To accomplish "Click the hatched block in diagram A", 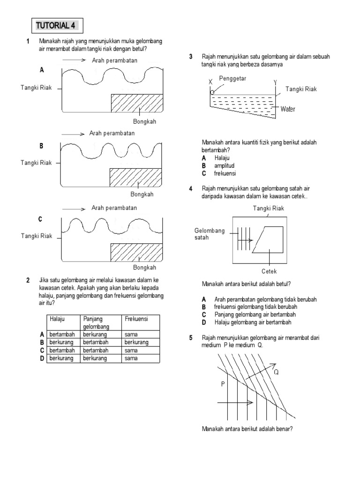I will click(137, 103).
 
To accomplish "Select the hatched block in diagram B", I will click(136, 177).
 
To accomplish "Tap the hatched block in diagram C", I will click(137, 253).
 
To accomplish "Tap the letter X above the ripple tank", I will click(210, 82).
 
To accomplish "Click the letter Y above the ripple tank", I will click(275, 82).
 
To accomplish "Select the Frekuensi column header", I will click(136, 319).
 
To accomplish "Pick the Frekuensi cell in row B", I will click(136, 342).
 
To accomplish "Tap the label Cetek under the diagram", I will click(269, 271).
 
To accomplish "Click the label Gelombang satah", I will click(210, 234).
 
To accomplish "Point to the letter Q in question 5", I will click(276, 373).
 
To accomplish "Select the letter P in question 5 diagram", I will click(223, 384).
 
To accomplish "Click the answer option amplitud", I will click(225, 166).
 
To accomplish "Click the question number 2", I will click(28, 281).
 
